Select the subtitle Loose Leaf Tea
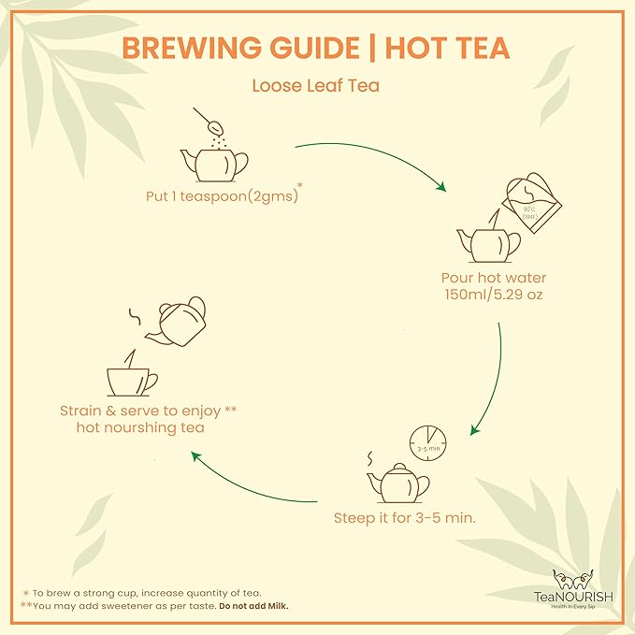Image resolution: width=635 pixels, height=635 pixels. [315, 85]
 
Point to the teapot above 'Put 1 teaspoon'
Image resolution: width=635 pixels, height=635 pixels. [214, 162]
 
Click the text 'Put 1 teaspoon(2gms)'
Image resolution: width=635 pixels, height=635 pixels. [217, 197]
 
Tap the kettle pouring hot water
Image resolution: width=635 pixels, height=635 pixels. [529, 202]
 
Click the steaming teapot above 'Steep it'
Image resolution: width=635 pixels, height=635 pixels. [397, 482]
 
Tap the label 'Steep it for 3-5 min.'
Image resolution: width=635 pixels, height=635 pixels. [405, 517]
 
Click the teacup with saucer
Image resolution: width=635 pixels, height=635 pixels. [132, 379]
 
